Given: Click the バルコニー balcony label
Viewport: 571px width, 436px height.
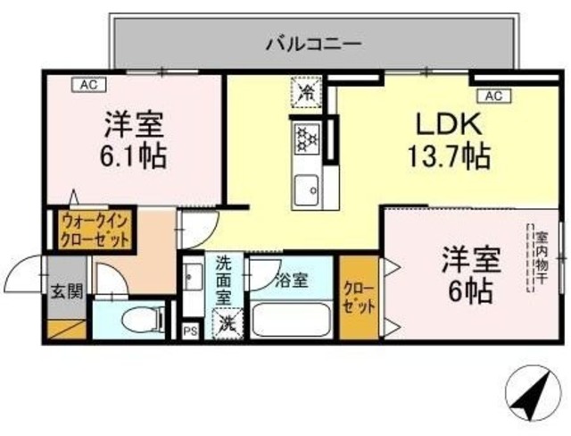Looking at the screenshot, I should [312, 42].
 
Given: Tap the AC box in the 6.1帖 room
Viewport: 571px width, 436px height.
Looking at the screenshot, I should [88, 85].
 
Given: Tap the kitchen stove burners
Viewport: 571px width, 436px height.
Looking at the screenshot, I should [306, 138].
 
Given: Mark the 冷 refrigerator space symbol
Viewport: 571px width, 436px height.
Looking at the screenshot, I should [306, 91].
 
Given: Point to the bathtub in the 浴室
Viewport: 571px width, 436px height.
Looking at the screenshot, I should [291, 320].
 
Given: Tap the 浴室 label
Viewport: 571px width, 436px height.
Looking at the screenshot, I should [291, 280].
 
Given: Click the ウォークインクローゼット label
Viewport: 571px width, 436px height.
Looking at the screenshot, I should [95, 230].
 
